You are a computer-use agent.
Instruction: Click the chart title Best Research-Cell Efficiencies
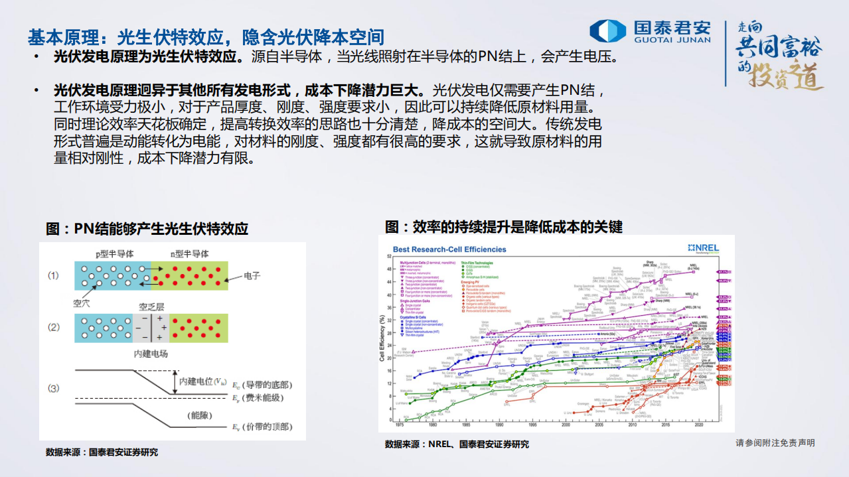pos(449,249)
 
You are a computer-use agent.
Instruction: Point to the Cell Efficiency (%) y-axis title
pos(382,338)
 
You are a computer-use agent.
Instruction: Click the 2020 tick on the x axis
pos(699,425)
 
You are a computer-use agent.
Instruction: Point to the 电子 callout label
pos(252,275)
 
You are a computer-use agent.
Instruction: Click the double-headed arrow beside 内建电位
pos(175,382)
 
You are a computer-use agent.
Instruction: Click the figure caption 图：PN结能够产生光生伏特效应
pos(147,229)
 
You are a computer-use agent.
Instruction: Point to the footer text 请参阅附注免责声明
pos(775,443)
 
